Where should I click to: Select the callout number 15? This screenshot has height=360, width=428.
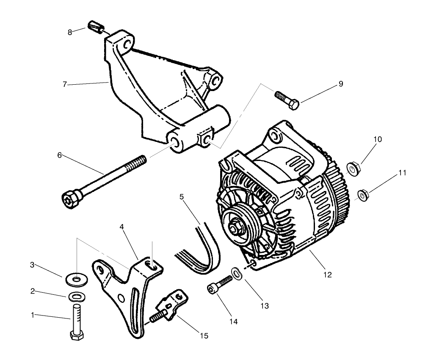coord(204,335)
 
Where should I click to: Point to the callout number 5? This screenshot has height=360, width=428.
coord(182,197)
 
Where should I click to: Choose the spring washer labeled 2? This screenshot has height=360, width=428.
coord(75,295)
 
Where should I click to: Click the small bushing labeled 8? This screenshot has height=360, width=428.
coord(96,27)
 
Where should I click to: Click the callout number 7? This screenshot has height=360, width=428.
coord(65,84)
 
